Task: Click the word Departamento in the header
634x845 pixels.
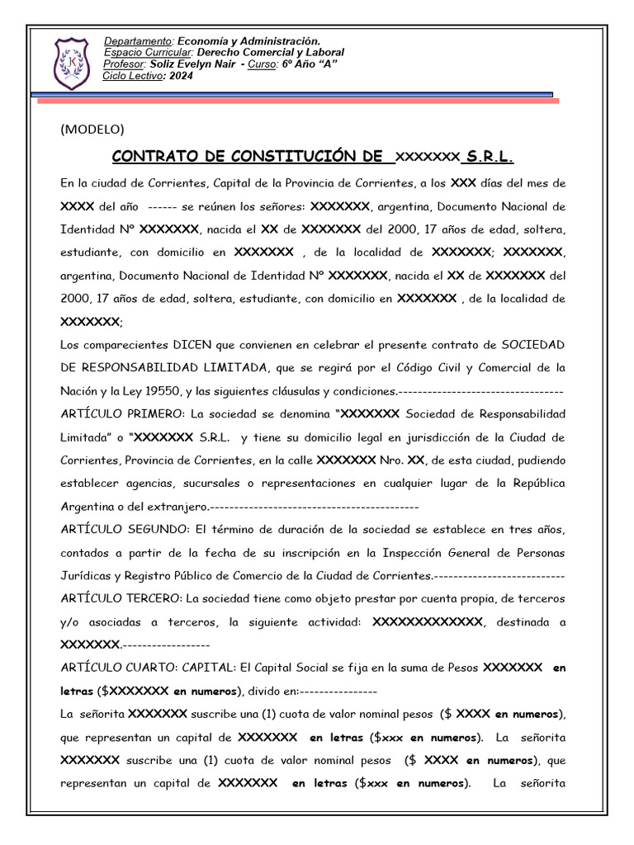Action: pos(138,41)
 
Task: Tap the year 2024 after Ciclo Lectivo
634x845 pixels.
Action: pos(180,77)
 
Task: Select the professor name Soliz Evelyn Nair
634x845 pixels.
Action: pos(192,64)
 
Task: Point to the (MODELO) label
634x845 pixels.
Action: pos(92,129)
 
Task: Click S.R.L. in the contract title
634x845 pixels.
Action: pos(490,157)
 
